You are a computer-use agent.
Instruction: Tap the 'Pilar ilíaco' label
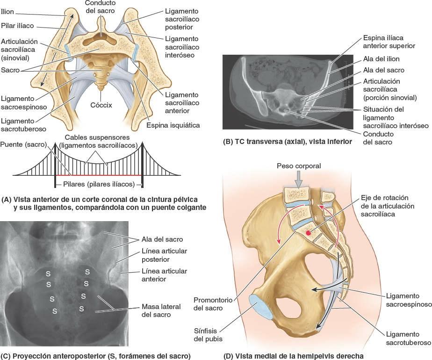coord(17,26)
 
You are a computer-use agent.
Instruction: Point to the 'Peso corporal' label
coord(298,166)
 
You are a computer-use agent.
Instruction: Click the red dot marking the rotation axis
coord(308,232)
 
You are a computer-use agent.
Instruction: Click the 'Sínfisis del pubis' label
coord(209,335)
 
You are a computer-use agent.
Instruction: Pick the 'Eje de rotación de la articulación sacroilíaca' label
coord(388,206)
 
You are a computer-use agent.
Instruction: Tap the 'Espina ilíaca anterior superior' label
coord(389,42)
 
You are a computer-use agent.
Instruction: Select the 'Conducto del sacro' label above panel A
coord(100,7)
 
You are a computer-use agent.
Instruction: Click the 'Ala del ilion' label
coord(381,59)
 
